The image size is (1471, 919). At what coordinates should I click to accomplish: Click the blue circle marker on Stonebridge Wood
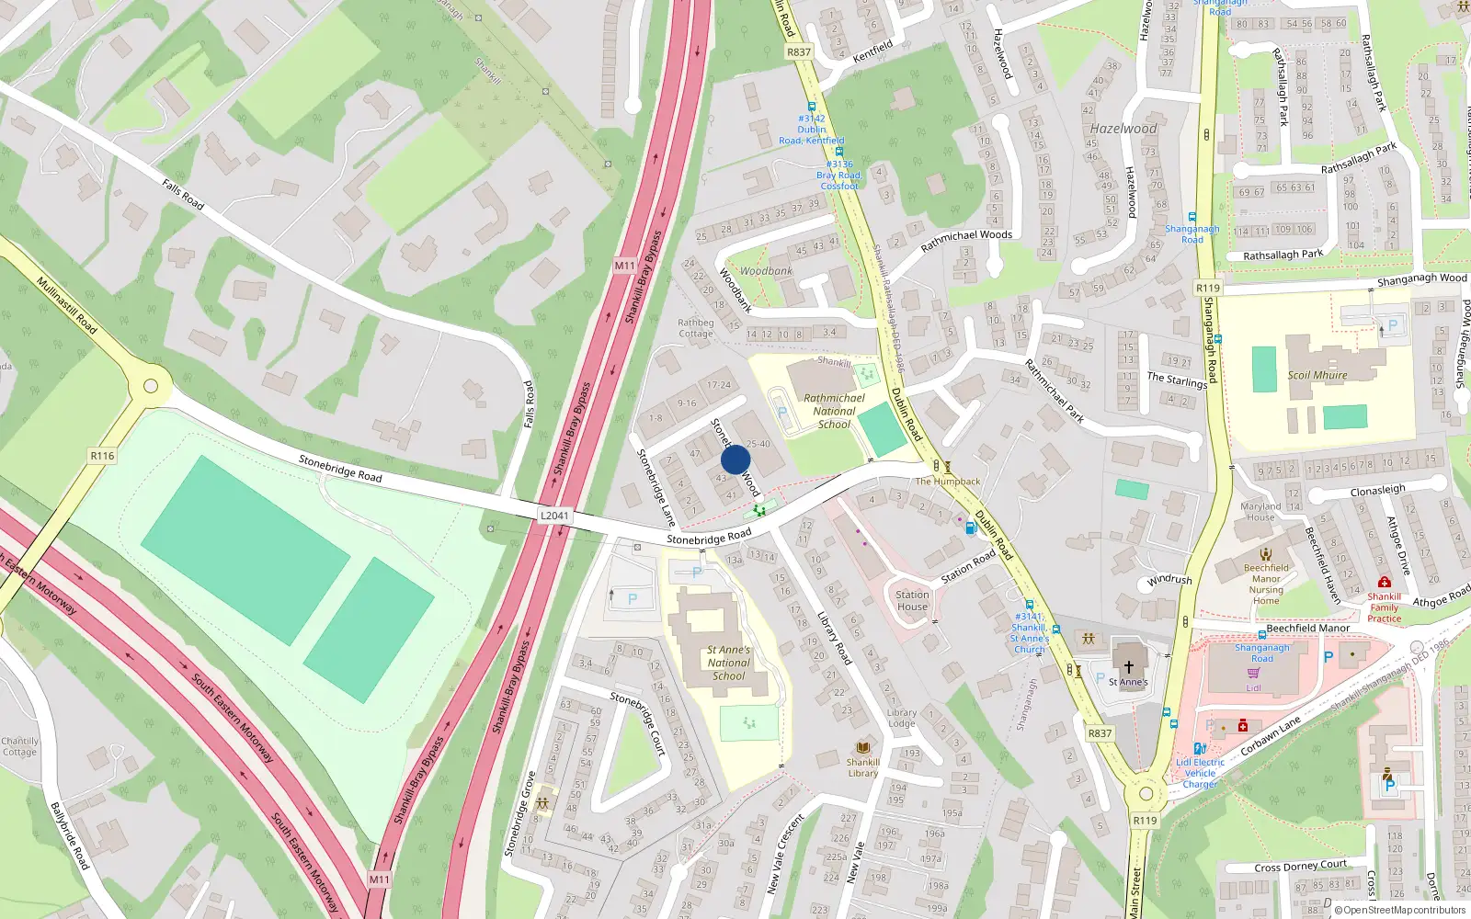[735, 459]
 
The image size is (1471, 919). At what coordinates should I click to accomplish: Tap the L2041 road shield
[554, 516]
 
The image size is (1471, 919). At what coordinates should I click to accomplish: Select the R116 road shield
[102, 456]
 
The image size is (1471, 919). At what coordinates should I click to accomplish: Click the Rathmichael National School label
[834, 411]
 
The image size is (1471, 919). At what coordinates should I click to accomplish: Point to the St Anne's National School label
[729, 663]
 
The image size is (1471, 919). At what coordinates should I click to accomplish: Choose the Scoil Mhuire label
[1317, 375]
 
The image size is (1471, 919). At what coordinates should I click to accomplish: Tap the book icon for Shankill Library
[862, 747]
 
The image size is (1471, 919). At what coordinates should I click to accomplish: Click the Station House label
[912, 600]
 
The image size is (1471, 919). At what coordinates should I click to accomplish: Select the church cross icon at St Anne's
[1128, 666]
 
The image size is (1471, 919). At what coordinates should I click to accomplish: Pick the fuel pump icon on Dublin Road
[970, 528]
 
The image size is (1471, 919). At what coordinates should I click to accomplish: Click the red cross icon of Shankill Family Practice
[1384, 582]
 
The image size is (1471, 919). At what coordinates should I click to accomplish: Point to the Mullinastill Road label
[67, 304]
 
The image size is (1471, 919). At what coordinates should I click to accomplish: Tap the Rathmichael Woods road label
[966, 241]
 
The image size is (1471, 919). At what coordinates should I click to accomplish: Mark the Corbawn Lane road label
[1271, 735]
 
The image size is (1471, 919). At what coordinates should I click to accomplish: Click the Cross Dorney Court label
[1300, 866]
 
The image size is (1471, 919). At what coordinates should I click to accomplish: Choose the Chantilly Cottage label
[19, 746]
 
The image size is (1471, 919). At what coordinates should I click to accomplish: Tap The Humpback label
[948, 482]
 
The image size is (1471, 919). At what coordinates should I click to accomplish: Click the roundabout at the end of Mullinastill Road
[151, 386]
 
